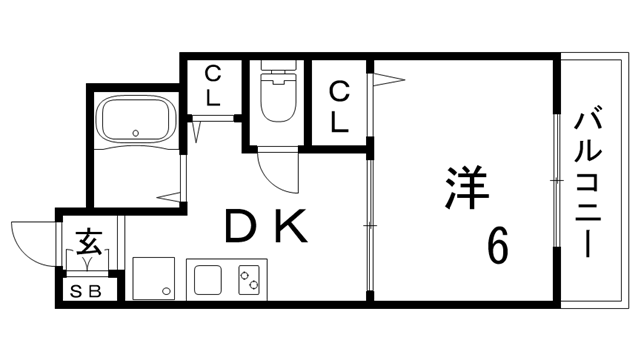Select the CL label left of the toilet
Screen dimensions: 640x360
(213, 86)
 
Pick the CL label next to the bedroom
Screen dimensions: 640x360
(339, 107)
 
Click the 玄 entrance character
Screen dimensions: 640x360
(88, 241)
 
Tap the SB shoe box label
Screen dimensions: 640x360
(87, 291)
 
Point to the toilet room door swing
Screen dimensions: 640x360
(276, 169)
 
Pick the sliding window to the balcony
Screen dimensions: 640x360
(555, 180)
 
